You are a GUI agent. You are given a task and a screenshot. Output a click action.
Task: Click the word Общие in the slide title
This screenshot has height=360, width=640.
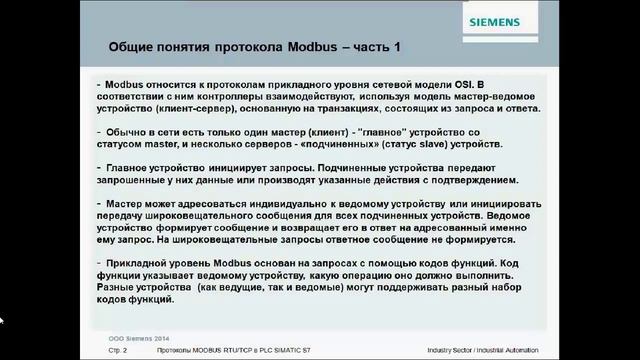pos(131,48)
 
